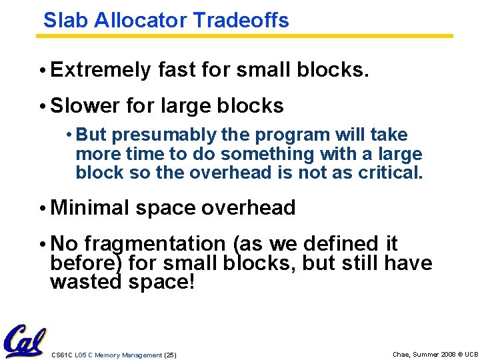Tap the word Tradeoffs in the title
point(241,20)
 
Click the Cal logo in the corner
point(24,342)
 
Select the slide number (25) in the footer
point(170,355)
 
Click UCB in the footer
point(470,355)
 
